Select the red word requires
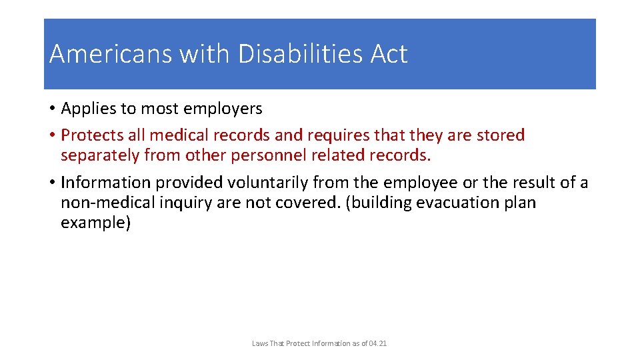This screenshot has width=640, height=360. [338, 135]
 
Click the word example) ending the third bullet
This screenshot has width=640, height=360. [96, 223]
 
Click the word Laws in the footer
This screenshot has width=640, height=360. [259, 343]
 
